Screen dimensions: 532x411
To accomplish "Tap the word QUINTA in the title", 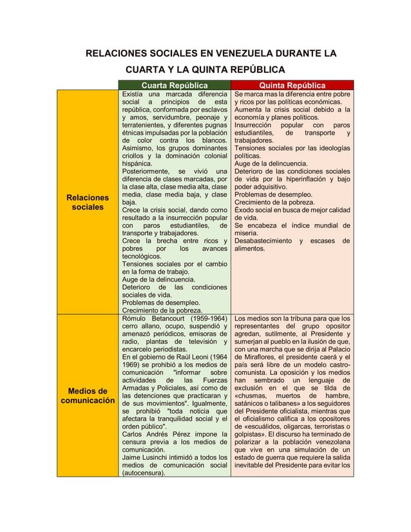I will (211, 70).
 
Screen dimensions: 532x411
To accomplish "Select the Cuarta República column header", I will (175, 86).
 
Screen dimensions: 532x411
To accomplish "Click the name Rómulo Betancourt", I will (164, 318).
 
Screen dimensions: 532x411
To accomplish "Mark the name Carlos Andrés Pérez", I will (160, 434).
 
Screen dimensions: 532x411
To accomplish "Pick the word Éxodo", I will (245, 210).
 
